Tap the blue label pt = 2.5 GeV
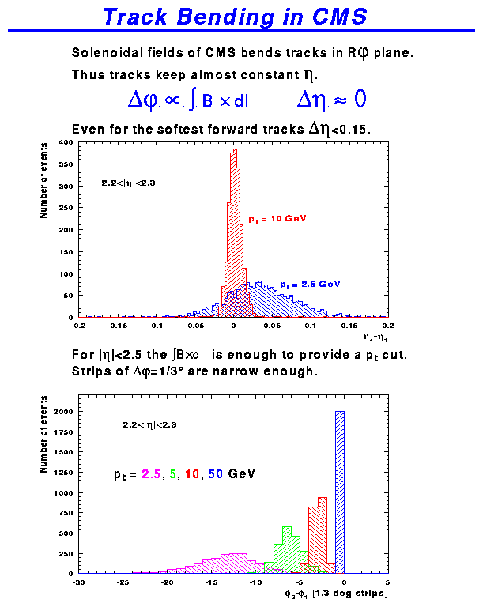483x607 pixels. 308,283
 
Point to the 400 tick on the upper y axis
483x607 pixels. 66,143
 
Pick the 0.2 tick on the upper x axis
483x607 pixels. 387,325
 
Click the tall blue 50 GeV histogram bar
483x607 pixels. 340,490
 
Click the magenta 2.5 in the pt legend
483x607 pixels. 150,475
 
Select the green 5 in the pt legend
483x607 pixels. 172,475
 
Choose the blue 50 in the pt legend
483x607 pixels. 216,475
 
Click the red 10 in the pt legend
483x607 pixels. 192,475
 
